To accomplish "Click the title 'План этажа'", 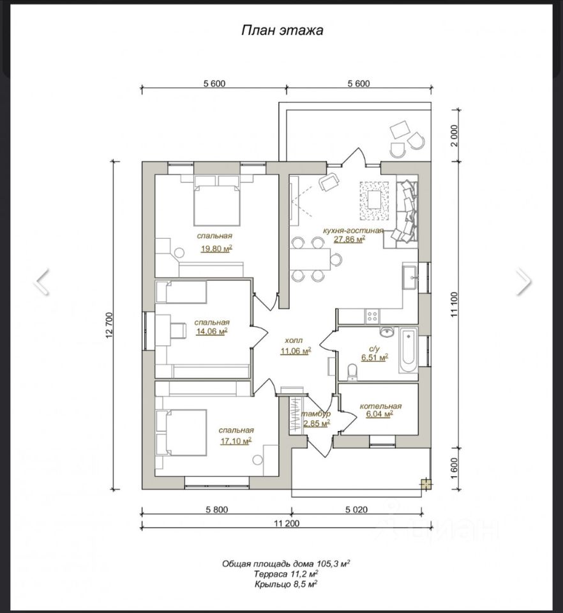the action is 282,31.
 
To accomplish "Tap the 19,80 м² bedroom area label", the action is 216,248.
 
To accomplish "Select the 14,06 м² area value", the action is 212,331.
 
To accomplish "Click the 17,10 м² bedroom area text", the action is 236,441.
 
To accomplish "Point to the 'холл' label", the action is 294,340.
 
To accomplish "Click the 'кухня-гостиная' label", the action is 353,231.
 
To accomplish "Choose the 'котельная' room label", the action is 380,406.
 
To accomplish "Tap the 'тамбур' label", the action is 316,414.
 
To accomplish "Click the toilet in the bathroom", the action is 352,372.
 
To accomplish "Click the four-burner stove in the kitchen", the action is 372,316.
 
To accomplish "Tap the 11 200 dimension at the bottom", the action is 287,524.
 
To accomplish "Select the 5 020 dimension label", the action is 356,510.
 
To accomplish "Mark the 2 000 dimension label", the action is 454,135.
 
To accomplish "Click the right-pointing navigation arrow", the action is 524,281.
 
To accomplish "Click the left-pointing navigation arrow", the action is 41,281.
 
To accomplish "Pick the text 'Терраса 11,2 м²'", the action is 285,573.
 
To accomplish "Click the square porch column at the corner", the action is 426,485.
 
